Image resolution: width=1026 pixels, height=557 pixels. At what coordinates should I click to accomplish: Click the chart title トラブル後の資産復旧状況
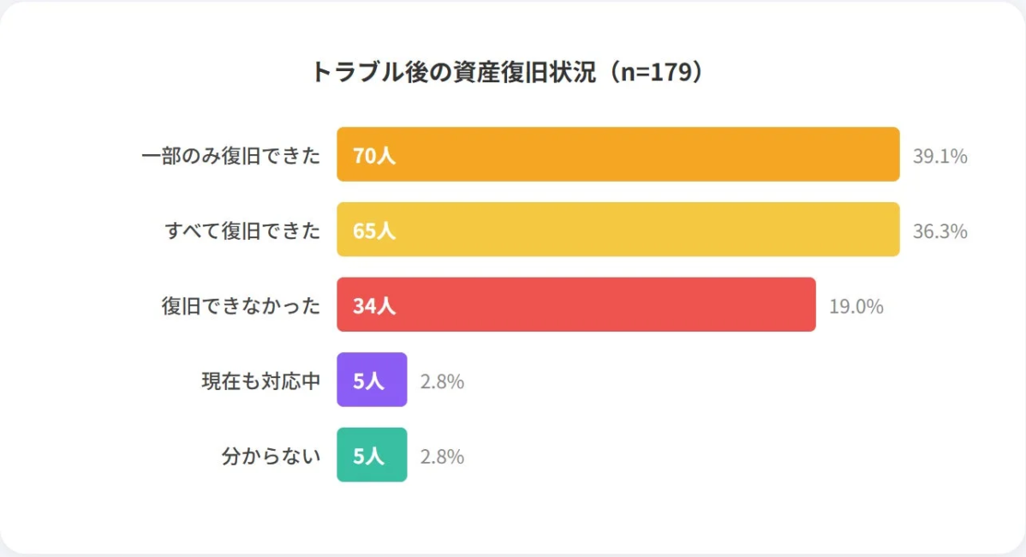[x=511, y=72]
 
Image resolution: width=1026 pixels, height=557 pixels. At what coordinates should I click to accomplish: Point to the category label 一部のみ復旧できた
[x=230, y=156]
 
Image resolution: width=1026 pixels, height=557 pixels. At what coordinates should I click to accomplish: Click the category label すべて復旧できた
[x=242, y=231]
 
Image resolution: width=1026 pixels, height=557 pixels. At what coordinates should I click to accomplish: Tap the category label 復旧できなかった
[x=241, y=306]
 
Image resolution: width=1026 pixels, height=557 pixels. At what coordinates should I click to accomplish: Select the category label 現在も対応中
[x=260, y=381]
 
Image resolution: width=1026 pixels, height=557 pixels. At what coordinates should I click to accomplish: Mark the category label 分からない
[x=271, y=456]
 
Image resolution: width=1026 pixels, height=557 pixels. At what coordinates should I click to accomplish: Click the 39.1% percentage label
[x=940, y=156]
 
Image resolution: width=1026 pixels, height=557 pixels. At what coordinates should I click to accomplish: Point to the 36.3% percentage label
[x=940, y=231]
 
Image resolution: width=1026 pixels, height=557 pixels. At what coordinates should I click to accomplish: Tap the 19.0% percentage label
[x=856, y=306]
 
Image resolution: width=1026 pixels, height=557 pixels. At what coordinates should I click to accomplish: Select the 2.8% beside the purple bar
[x=442, y=381]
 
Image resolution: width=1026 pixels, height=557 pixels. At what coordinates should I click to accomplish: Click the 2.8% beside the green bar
[x=442, y=457]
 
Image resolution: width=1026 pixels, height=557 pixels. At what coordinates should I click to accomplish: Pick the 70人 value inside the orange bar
[x=374, y=156]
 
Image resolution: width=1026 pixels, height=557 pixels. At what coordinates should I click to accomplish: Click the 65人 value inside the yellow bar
[x=374, y=231]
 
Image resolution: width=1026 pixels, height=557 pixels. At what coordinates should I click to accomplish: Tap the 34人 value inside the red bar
[x=374, y=306]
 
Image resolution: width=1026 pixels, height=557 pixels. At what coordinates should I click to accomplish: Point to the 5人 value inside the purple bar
[x=369, y=381]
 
